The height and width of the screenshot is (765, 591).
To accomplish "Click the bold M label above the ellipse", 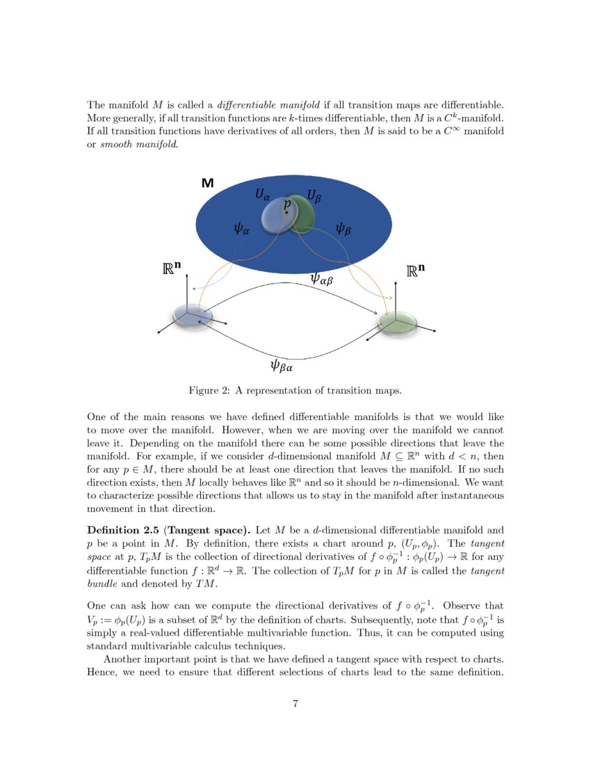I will pyautogui.click(x=207, y=183).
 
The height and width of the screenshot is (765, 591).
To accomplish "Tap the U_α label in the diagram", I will pyautogui.click(x=262, y=195).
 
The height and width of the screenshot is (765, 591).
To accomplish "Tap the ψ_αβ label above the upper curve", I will pyautogui.click(x=322, y=279).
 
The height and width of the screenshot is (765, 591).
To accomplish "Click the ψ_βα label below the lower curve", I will pyautogui.click(x=281, y=364).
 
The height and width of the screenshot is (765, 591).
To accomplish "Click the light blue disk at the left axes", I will pyautogui.click(x=193, y=315).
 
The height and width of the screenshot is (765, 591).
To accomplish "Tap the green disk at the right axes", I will pyautogui.click(x=398, y=322).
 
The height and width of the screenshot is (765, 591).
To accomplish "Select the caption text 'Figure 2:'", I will pyautogui.click(x=209, y=391).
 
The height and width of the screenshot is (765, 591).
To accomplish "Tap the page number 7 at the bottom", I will pyautogui.click(x=295, y=704).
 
